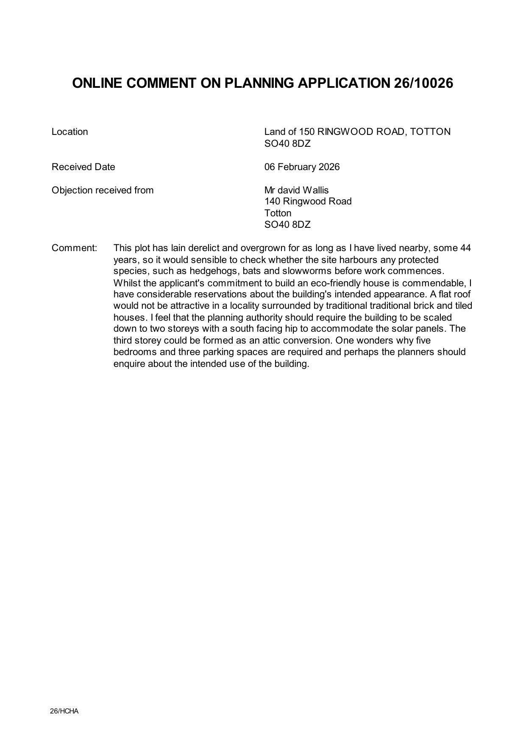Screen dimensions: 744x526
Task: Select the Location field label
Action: tap(70, 132)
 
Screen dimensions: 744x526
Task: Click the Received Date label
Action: tap(83, 167)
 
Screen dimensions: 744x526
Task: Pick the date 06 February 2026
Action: tap(302, 167)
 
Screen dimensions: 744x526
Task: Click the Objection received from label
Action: tap(103, 190)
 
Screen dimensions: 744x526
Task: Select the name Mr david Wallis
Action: tap(296, 190)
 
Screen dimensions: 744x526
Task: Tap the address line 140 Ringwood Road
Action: tap(308, 201)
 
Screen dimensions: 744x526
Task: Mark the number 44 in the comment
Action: tap(465, 248)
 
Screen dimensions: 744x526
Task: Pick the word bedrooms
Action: tap(134, 352)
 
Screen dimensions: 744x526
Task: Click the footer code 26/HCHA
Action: tap(64, 711)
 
